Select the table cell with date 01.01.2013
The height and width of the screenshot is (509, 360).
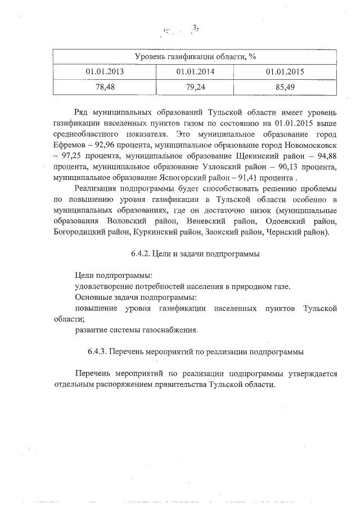coord(105,72)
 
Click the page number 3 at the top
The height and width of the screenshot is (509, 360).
coord(195,28)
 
